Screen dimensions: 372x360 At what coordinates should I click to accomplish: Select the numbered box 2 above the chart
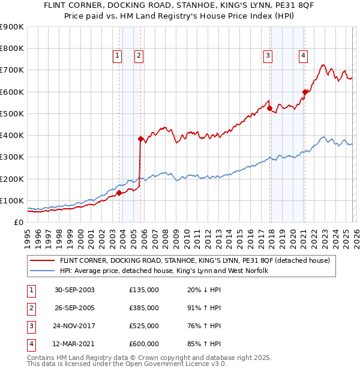(139, 56)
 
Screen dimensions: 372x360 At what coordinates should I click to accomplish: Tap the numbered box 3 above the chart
(268, 56)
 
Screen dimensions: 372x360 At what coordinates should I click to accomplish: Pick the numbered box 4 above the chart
(304, 56)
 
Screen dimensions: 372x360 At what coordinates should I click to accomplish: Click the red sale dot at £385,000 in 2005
(141, 139)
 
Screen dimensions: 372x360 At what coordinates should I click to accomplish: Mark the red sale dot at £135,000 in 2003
(119, 193)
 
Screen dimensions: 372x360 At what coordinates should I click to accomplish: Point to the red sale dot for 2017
(269, 108)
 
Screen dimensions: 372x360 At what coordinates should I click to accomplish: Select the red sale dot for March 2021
(305, 92)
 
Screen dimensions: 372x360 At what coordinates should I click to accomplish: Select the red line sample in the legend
(43, 260)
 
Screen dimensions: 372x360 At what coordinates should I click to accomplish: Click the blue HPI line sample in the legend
(43, 271)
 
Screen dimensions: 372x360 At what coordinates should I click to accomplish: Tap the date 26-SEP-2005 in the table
(74, 308)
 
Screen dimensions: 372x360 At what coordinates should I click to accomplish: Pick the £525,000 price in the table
(144, 326)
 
